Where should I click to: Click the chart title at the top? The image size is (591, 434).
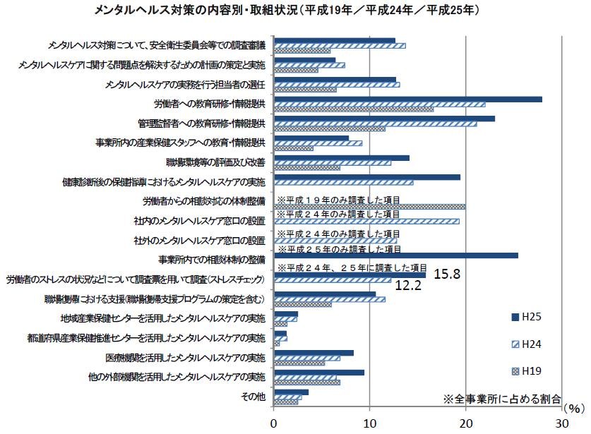[294, 10]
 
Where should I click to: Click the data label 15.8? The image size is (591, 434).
[447, 274]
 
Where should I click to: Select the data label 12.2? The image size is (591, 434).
[407, 286]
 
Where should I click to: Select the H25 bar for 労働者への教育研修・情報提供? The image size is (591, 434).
[407, 100]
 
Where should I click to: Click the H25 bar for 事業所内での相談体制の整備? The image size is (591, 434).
[395, 255]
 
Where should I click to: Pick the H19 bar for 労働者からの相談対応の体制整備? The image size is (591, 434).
[369, 207]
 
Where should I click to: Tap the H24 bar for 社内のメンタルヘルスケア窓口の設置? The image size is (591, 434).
[366, 222]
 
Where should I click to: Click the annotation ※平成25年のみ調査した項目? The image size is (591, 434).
[340, 249]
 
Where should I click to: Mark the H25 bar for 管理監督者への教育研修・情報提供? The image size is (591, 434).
[384, 119]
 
